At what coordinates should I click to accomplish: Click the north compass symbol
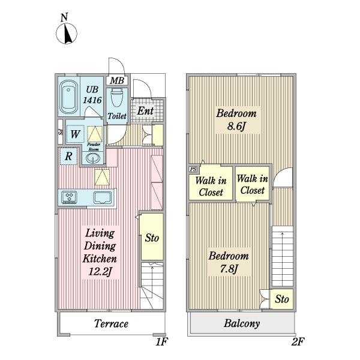click(67, 34)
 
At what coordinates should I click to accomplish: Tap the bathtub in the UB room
click(68, 97)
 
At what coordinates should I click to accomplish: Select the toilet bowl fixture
click(117, 98)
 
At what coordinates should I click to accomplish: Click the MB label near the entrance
click(117, 80)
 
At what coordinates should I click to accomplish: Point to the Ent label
click(145, 111)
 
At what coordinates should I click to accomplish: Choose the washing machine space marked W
click(76, 134)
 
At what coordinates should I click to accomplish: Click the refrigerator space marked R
click(68, 156)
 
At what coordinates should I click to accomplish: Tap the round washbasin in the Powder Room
click(93, 158)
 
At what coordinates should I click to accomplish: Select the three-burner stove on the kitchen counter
click(69, 197)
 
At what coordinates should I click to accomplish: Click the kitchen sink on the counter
click(103, 197)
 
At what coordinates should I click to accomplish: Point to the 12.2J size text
click(100, 272)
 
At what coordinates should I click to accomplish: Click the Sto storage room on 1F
click(152, 237)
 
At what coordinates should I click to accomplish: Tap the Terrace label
click(111, 323)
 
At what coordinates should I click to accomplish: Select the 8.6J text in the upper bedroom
click(236, 126)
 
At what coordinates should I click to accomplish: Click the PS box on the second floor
click(193, 169)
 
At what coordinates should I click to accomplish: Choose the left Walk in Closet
click(211, 186)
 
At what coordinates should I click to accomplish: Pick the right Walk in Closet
click(253, 184)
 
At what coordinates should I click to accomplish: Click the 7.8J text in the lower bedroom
click(229, 269)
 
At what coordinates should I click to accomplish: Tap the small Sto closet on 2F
click(281, 299)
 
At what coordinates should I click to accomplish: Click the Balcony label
click(242, 323)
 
